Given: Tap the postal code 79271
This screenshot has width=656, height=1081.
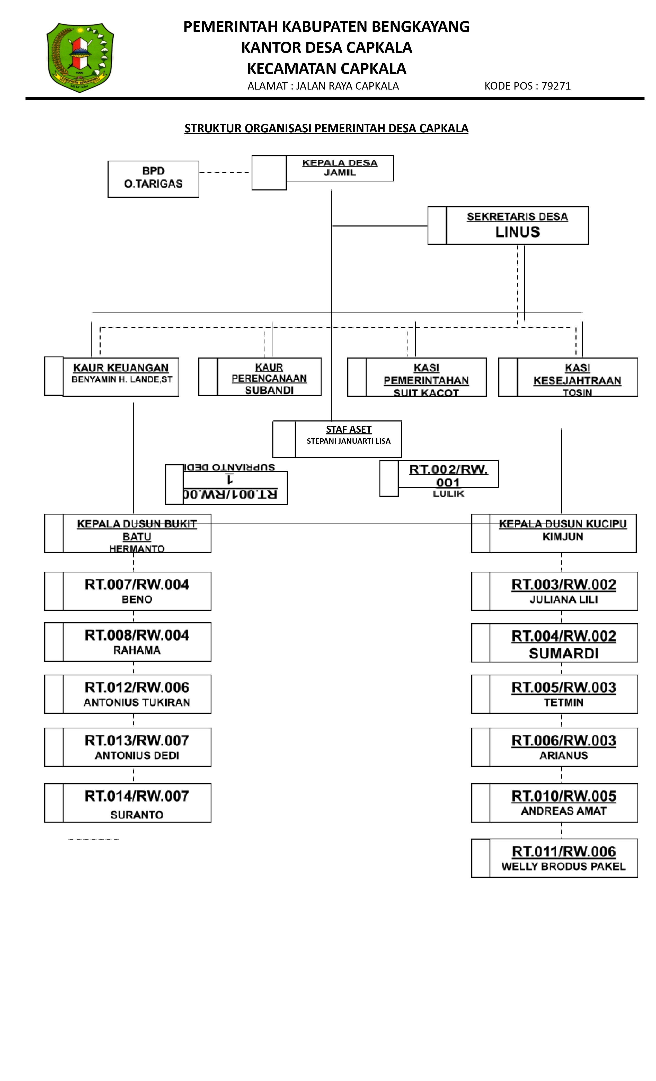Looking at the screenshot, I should point(556,86).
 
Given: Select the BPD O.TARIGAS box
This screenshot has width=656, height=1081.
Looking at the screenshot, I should point(153,179).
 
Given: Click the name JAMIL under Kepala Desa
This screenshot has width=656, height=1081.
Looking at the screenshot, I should point(339,172).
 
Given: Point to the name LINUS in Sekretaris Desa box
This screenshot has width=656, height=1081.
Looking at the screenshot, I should point(517,232).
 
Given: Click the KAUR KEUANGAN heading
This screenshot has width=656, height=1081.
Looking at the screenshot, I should point(121,368).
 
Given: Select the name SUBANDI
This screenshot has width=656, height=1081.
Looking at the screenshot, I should point(269,390).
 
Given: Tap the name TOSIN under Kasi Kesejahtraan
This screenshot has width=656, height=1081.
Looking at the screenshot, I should point(577,393).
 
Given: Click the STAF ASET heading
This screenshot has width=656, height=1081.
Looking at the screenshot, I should point(349,429).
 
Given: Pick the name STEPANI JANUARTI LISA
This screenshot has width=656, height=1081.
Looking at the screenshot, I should point(349,441).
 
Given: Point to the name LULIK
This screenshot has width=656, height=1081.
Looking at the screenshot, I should point(448,494).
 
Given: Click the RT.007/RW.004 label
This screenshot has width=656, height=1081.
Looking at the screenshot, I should point(137,584).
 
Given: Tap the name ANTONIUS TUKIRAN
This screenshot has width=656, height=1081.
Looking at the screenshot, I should point(137,702).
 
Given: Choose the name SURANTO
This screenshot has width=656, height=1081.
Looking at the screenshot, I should point(137,815).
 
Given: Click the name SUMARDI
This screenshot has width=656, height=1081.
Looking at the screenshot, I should point(563,653).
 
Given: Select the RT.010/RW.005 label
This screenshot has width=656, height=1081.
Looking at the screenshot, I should point(563,796).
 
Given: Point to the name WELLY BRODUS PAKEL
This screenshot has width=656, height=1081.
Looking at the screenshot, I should point(563,866).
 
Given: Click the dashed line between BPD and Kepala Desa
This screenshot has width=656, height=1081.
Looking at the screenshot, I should point(225,172).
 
